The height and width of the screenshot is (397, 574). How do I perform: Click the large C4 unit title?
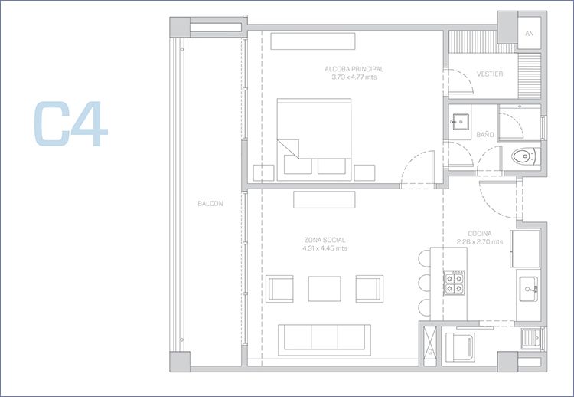tap(70, 123)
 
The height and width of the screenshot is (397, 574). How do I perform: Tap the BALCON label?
tap(210, 204)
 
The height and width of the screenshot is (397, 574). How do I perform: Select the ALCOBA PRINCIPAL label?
tap(354, 69)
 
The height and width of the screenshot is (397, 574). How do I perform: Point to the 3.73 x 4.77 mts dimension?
tap(354, 77)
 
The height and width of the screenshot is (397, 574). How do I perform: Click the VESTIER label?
tap(490, 74)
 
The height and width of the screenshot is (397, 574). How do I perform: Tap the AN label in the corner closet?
tap(530, 34)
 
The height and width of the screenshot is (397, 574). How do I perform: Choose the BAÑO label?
tap(485, 135)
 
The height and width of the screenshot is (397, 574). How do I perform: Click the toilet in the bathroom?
tap(526, 156)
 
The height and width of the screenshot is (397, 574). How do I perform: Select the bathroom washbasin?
tap(460, 122)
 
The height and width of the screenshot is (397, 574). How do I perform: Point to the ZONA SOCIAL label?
tap(325, 241)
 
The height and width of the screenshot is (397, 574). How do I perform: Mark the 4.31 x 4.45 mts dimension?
tap(325, 248)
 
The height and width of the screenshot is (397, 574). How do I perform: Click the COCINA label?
tap(480, 234)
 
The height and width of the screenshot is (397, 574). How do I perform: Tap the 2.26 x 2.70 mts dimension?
tap(480, 242)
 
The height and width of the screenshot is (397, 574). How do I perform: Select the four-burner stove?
tap(455, 283)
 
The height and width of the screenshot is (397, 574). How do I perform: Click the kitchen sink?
tap(529, 289)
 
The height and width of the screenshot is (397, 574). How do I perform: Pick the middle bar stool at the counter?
tap(424, 283)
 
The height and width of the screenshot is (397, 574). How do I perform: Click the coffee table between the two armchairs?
tap(325, 289)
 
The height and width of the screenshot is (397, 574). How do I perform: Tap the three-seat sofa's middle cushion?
tap(325, 337)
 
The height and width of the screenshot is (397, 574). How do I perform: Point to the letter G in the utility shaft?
tap(430, 353)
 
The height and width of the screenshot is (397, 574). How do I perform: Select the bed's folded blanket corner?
tap(288, 149)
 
